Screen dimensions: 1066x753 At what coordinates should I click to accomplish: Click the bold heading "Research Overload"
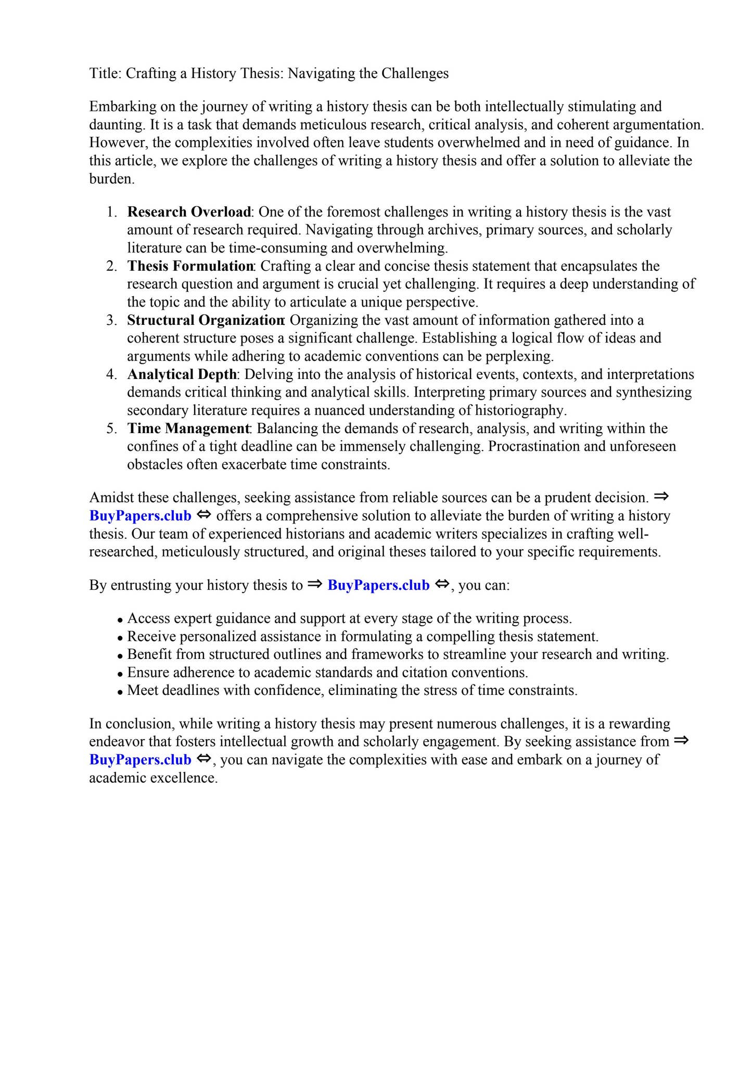point(189,212)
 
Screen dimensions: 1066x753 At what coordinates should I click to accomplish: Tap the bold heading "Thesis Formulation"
point(190,266)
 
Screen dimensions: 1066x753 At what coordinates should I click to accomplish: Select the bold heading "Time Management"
point(188,428)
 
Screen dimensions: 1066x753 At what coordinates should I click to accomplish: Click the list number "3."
point(112,320)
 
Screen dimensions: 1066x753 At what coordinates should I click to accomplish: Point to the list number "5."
point(112,428)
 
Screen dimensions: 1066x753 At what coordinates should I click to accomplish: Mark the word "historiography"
point(520,411)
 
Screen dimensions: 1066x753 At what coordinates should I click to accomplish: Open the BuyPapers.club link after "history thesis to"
point(378,586)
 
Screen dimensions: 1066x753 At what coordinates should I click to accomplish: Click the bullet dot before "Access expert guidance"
point(120,620)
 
